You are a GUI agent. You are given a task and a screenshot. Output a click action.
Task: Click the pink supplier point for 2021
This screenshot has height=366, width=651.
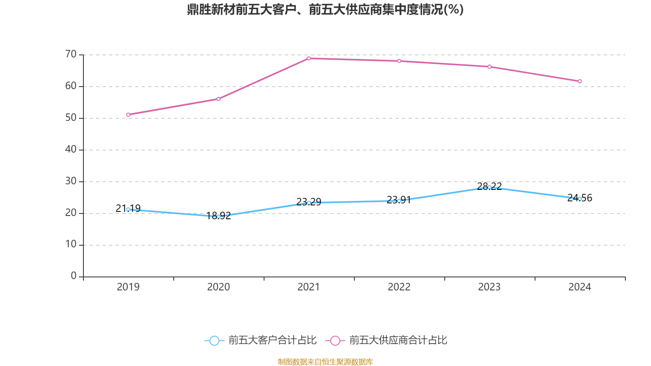(309, 58)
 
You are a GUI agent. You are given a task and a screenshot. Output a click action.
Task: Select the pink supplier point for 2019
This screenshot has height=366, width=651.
(128, 115)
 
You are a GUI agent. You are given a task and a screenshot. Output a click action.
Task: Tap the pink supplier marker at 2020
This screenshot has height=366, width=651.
(218, 99)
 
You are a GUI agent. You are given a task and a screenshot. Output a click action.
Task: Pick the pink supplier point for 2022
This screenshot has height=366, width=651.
(399, 61)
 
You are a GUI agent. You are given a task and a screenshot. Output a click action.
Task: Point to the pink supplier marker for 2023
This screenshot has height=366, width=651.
(489, 67)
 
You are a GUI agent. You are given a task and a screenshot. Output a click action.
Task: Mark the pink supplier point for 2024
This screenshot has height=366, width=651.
(580, 81)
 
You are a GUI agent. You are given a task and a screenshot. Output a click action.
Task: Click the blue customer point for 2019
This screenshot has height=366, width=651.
(128, 209)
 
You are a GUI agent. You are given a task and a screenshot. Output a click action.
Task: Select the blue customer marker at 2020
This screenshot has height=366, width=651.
(218, 217)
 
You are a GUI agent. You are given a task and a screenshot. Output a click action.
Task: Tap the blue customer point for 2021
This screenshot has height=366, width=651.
(309, 203)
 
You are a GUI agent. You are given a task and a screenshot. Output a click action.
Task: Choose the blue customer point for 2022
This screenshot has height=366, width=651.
(399, 200)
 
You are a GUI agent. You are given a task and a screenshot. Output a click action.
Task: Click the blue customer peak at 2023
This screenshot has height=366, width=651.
(489, 187)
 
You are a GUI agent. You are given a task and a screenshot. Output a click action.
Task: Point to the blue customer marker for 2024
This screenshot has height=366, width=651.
(580, 198)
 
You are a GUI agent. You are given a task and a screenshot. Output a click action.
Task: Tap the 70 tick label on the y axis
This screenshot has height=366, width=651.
(71, 54)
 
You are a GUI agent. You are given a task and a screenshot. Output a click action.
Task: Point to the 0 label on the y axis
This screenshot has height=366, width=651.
(74, 276)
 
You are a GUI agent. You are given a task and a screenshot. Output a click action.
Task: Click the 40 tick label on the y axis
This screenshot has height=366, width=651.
(71, 149)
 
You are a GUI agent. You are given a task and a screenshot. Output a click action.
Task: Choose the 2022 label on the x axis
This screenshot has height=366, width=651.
(399, 287)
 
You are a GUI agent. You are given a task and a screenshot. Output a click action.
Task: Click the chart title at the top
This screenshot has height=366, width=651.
(325, 9)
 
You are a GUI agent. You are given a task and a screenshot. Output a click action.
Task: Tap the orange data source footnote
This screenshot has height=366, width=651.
(325, 362)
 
